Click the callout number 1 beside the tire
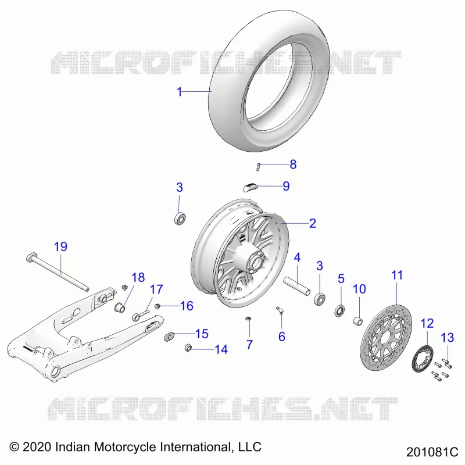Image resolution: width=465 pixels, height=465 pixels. [x=179, y=92]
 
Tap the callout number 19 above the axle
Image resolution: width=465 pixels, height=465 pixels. [x=60, y=246]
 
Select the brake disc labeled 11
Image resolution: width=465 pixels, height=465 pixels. [x=386, y=337]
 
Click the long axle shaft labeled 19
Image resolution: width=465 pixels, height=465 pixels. [x=58, y=273]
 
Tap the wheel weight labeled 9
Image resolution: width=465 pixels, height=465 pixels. [x=251, y=187]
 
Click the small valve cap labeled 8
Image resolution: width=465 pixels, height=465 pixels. [x=258, y=167]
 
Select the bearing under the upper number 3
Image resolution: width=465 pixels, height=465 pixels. [x=180, y=219]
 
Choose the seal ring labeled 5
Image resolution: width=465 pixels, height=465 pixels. [x=339, y=310]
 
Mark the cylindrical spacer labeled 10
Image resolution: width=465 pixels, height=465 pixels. [x=358, y=321]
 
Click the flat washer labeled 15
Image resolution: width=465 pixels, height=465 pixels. [x=169, y=337]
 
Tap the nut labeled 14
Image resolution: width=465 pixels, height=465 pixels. [x=188, y=348]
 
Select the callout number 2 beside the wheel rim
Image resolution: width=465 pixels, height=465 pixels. [x=313, y=223]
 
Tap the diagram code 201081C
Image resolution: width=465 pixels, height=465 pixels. [x=432, y=452]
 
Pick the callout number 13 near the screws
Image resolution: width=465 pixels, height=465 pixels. [x=447, y=338]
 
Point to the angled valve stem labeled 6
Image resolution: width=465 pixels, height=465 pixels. [x=280, y=310]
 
